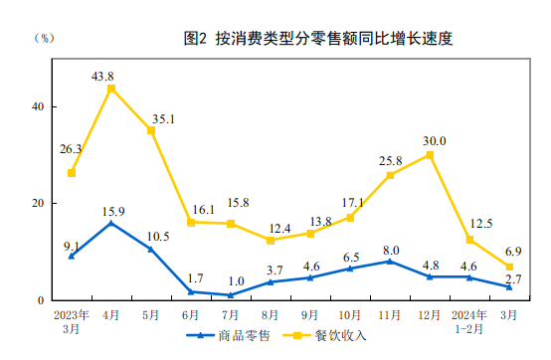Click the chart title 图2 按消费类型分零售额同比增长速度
[x=318, y=40]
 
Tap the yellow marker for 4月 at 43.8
[x=111, y=89]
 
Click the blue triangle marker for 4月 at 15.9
[x=111, y=223]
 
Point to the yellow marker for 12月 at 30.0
[x=430, y=155]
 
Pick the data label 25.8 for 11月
[x=390, y=160]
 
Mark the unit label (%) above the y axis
[x=45, y=39]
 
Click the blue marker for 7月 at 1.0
[x=231, y=294]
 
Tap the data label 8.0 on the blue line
[x=391, y=250]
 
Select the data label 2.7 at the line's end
[x=515, y=278]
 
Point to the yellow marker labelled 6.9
[x=509, y=267]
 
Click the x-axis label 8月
[x=271, y=315]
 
